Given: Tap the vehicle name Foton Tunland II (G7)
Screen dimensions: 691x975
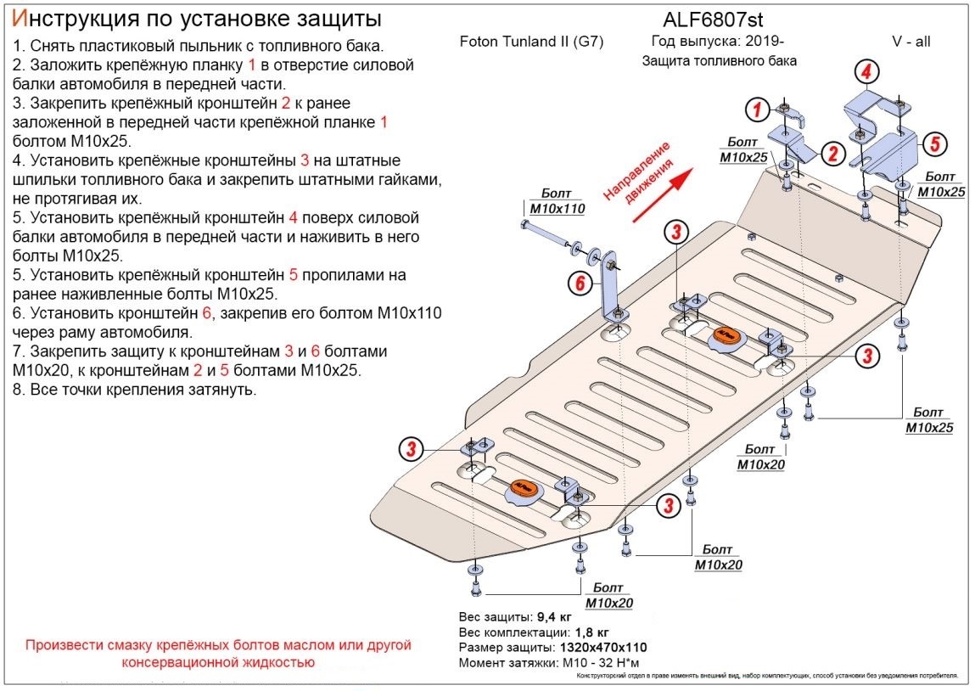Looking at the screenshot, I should (531, 42).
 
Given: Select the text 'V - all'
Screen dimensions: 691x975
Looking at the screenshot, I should (910, 42).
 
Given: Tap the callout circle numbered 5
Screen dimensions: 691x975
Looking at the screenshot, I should (933, 143).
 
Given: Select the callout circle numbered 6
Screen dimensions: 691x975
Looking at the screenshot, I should (580, 284).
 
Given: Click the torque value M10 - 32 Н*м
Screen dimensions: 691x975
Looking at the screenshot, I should (605, 663).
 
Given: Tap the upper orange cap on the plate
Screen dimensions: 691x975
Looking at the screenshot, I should (726, 337).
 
